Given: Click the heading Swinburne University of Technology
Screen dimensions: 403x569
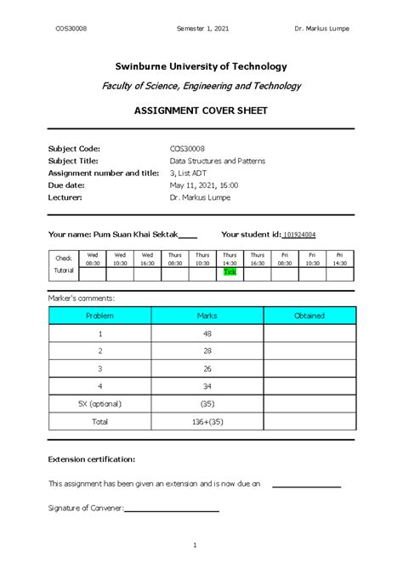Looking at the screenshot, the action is point(201,66).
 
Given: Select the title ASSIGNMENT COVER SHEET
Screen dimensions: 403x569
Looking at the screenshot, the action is point(201,111).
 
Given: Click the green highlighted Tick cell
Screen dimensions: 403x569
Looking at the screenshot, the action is point(230,271).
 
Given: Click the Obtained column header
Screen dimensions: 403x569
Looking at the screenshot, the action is point(309,316).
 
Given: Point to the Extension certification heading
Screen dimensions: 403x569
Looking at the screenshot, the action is point(92,459).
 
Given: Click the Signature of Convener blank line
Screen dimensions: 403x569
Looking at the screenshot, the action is point(172,509).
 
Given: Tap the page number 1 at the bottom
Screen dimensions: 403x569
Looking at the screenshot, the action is point(196,544).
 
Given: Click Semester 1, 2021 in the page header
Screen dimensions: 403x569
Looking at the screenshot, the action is point(201,28).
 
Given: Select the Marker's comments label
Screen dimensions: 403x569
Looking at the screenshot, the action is point(82,298).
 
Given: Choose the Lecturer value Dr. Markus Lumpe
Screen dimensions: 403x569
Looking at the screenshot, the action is point(200,196).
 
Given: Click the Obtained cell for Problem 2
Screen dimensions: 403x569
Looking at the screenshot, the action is point(309,350).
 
